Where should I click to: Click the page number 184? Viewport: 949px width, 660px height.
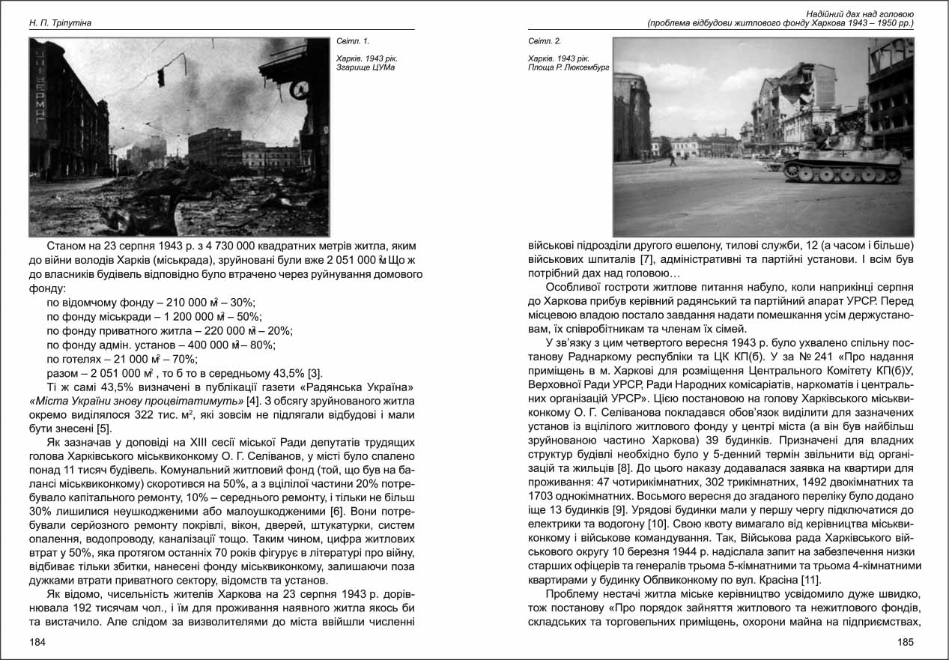pyautogui.click(x=37, y=642)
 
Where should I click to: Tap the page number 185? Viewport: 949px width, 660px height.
pyautogui.click(x=905, y=642)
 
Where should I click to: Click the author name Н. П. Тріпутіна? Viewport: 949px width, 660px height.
pyautogui.click(x=60, y=23)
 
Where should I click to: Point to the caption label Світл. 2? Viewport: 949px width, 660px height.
pyautogui.click(x=544, y=40)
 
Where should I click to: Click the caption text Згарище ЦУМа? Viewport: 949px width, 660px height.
pyautogui.click(x=366, y=67)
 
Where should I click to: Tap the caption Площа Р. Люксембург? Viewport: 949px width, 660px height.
pyautogui.click(x=569, y=67)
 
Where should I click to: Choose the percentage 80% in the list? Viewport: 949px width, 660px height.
pyautogui.click(x=263, y=345)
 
